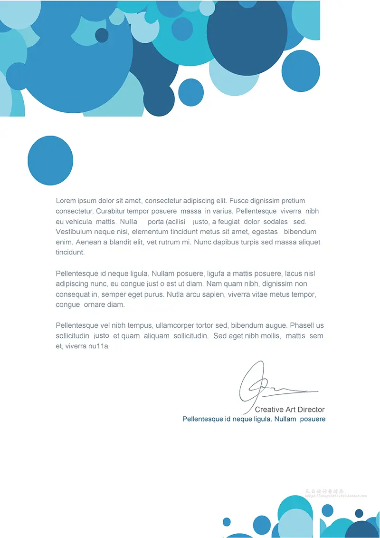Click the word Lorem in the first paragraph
pos(66,201)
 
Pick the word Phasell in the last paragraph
pos(303,326)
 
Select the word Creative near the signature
pos(269,410)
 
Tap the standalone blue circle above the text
pos(50,160)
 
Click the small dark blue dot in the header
pos(102,35)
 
